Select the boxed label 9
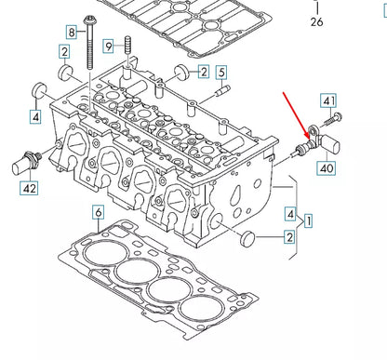pyautogui.click(x=109, y=46)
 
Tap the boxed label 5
pyautogui.click(x=220, y=73)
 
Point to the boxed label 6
pyautogui.click(x=98, y=214)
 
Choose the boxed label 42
pyautogui.click(x=32, y=189)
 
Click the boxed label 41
pyautogui.click(x=328, y=101)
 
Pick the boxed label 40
pyautogui.click(x=327, y=167)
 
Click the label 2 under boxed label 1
pyautogui.click(x=289, y=239)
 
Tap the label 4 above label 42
pyautogui.click(x=34, y=116)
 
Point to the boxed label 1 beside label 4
pyautogui.click(x=308, y=220)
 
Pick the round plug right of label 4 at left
pyautogui.click(x=40, y=90)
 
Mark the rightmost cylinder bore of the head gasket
pyautogui.click(x=203, y=311)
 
